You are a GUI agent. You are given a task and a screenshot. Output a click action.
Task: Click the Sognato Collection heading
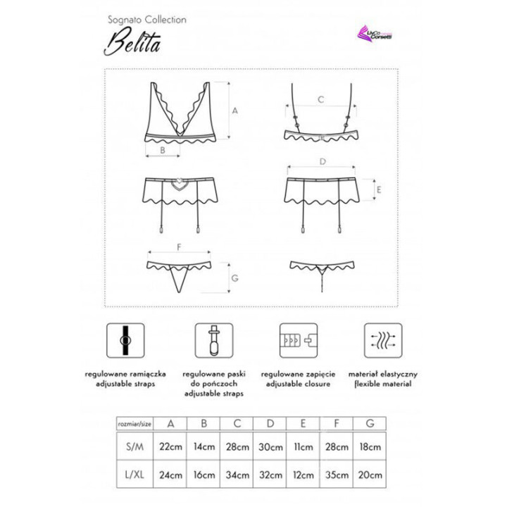(x=147, y=20)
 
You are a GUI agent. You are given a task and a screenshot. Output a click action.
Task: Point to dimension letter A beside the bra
(x=235, y=110)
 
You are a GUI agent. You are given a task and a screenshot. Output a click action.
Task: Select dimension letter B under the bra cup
(x=162, y=151)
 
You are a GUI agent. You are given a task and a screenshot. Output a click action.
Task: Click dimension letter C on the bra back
(x=320, y=99)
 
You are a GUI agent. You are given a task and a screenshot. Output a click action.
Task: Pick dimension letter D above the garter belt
(x=323, y=161)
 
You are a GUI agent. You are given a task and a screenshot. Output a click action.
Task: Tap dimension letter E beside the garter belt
(x=378, y=190)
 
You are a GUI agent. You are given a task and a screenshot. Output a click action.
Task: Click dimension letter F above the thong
(x=180, y=246)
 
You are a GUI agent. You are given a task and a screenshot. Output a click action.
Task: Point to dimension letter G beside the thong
(x=235, y=278)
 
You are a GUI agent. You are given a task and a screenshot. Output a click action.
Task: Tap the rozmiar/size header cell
(x=134, y=423)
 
